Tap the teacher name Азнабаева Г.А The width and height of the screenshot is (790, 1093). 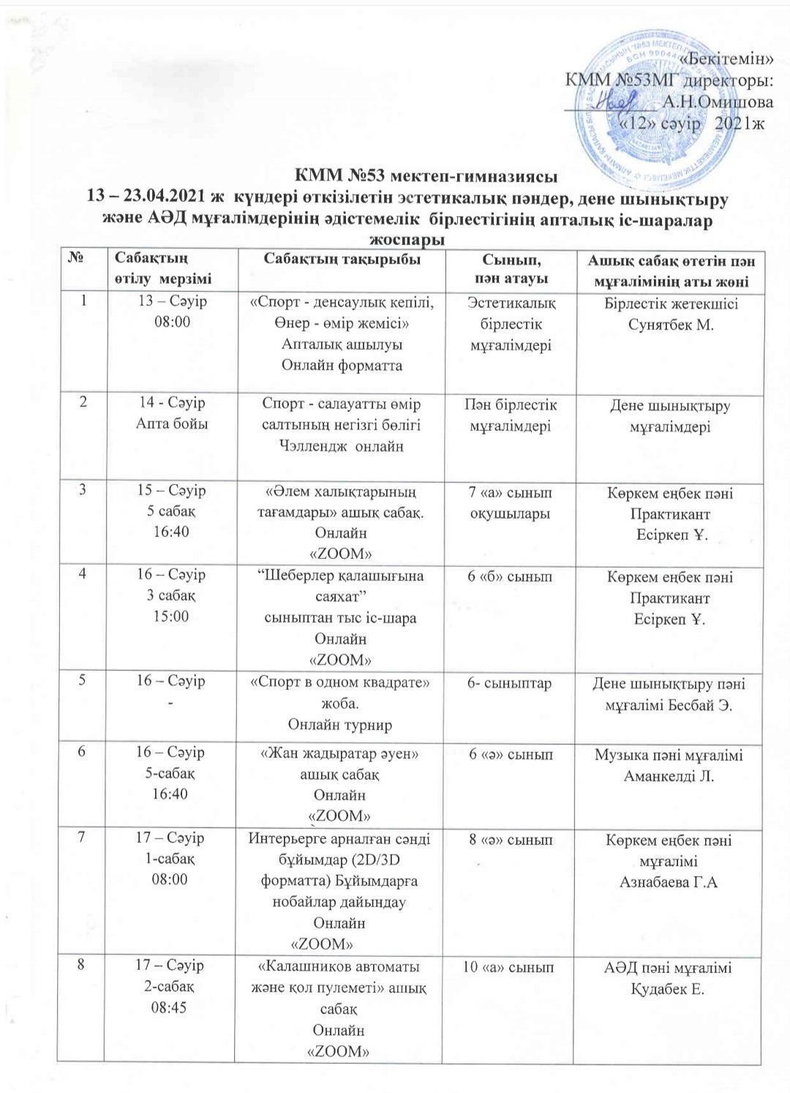669,883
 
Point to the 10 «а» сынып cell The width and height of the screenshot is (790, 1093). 511,969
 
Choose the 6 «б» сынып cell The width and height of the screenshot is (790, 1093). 511,577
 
